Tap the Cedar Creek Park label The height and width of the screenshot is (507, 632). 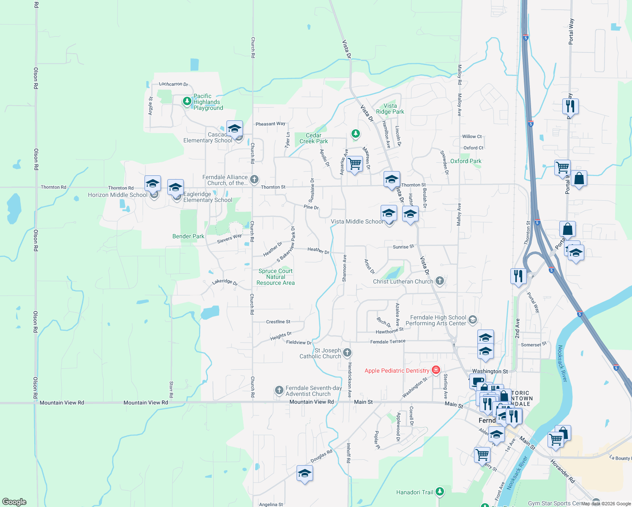click(x=313, y=139)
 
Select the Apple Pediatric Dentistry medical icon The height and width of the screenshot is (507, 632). click(x=436, y=370)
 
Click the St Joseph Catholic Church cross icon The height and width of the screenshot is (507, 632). click(x=347, y=352)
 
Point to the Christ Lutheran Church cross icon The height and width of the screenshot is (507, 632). click(x=440, y=281)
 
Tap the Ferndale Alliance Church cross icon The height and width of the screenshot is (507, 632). click(x=254, y=179)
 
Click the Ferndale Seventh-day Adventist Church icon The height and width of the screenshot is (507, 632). click(x=279, y=390)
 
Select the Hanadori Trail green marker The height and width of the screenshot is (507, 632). click(x=440, y=491)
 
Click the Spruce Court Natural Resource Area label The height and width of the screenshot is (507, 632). click(x=275, y=277)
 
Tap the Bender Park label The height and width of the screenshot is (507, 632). click(x=188, y=236)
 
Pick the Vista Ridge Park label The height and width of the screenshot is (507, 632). click(x=390, y=109)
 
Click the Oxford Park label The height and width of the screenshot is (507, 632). click(x=466, y=161)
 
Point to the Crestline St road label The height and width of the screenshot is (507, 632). click(x=278, y=322)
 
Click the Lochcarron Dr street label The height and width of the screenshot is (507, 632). click(x=173, y=84)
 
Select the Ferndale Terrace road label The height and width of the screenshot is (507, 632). click(x=387, y=341)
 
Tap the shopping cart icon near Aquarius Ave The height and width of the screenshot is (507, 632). click(x=355, y=164)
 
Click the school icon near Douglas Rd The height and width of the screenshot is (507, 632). click(x=305, y=474)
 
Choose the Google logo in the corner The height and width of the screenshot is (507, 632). click(x=14, y=502)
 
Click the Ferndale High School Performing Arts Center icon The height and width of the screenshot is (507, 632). click(x=473, y=320)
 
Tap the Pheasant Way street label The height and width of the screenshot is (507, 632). click(x=270, y=124)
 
